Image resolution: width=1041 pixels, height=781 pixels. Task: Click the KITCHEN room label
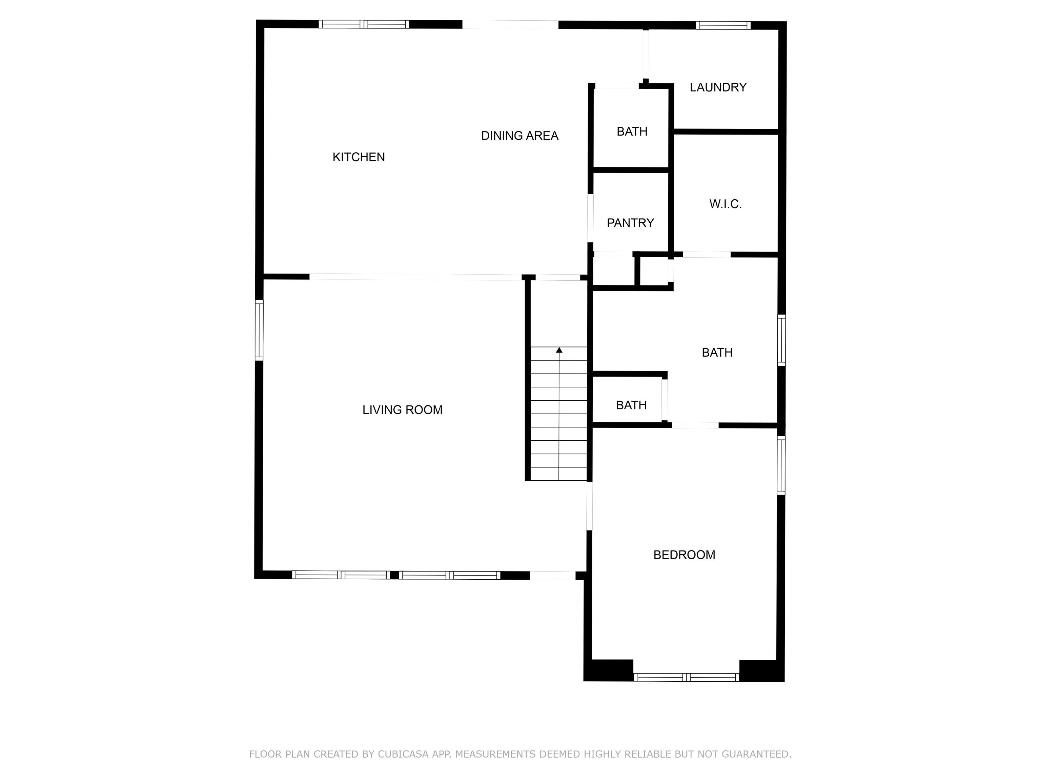(x=359, y=157)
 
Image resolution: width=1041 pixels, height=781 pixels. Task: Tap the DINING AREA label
(x=519, y=136)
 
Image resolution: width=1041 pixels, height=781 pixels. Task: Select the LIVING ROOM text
(x=402, y=410)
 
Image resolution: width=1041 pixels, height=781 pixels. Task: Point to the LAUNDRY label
(x=718, y=87)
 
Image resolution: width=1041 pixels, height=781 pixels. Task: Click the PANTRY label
(x=630, y=223)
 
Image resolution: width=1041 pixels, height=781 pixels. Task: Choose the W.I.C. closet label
(x=725, y=204)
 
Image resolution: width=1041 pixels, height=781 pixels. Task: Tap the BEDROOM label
(x=684, y=555)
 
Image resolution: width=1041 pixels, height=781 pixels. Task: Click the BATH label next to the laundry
(x=632, y=132)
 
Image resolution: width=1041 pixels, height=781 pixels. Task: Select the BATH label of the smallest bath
(x=631, y=405)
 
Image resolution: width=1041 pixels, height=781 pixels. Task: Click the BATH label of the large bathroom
(x=717, y=353)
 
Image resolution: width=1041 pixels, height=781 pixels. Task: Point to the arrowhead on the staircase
(x=559, y=350)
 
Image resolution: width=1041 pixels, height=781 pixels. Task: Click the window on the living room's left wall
(x=259, y=330)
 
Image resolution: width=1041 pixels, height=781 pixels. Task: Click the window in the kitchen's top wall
(x=364, y=24)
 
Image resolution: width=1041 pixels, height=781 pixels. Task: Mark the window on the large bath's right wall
(x=781, y=340)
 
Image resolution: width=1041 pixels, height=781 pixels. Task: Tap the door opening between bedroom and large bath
(x=695, y=425)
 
